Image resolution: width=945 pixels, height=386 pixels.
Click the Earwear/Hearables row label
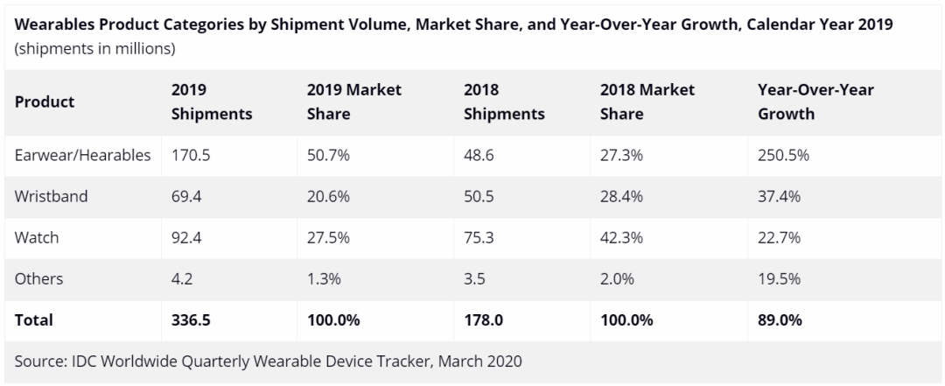82,155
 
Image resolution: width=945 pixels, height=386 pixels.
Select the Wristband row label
52,196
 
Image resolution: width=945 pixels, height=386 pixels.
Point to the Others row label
39,279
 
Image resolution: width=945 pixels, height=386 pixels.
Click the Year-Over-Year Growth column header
815,102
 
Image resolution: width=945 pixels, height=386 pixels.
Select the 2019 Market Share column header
354,102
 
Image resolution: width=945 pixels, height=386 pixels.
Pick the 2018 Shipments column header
504,102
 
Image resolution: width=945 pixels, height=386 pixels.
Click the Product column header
45,102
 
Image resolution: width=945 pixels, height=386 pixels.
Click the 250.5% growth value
783,155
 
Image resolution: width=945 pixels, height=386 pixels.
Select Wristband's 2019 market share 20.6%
328,196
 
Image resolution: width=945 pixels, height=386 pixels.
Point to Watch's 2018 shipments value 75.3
479,237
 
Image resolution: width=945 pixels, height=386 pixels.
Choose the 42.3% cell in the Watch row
622,237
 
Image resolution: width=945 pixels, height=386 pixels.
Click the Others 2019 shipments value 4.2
182,279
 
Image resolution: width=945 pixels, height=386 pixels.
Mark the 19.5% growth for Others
779,279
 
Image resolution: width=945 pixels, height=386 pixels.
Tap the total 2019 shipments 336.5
191,320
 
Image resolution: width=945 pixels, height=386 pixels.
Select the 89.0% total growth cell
780,320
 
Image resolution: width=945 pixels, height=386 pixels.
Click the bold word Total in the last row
34,320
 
